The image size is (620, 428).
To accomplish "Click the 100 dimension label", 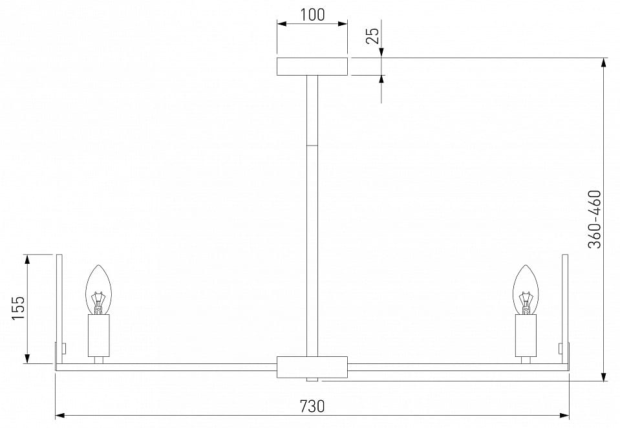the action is pos(312,15).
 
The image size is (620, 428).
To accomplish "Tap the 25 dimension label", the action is pos(372,36).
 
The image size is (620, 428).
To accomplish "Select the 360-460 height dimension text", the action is pos(594,220).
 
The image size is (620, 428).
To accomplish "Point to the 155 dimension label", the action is pos(18,308).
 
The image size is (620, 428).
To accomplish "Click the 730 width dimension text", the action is pos(312,406).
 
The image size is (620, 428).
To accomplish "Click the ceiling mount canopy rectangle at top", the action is pos(312,67).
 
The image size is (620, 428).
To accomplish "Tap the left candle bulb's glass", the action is pos(99,290).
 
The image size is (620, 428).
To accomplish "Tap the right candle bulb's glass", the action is pos(526,290).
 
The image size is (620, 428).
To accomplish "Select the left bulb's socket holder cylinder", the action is pos(99,336).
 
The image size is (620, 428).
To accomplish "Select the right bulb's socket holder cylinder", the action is pos(526,336).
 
